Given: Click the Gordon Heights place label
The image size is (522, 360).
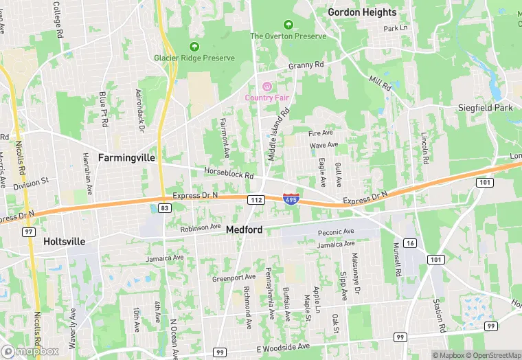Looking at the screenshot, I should pyautogui.click(x=362, y=12).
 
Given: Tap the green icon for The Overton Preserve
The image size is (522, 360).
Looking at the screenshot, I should pyautogui.click(x=288, y=24).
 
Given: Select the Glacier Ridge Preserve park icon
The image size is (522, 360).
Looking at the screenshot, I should pyautogui.click(x=194, y=47).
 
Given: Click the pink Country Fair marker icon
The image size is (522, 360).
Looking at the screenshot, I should pyautogui.click(x=266, y=86).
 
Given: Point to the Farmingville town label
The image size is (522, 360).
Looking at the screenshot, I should pyautogui.click(x=126, y=157).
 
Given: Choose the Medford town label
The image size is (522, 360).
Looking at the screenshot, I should pyautogui.click(x=244, y=230).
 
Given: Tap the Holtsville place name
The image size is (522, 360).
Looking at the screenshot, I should pyautogui.click(x=64, y=242).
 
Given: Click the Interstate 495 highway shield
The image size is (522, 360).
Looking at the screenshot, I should pyautogui.click(x=291, y=199).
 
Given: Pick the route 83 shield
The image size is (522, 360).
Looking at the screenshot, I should pyautogui.click(x=163, y=207).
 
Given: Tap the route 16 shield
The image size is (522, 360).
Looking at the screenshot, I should pyautogui.click(x=410, y=243).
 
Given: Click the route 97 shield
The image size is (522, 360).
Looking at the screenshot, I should pyautogui.click(x=30, y=233).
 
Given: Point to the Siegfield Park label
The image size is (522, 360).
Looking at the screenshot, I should pyautogui.click(x=486, y=108).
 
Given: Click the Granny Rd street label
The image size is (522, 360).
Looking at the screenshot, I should pyautogui.click(x=306, y=65).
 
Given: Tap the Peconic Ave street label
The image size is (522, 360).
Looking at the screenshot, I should pyautogui.click(x=336, y=232).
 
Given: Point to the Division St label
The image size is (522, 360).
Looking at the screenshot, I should pyautogui.click(x=31, y=182).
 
